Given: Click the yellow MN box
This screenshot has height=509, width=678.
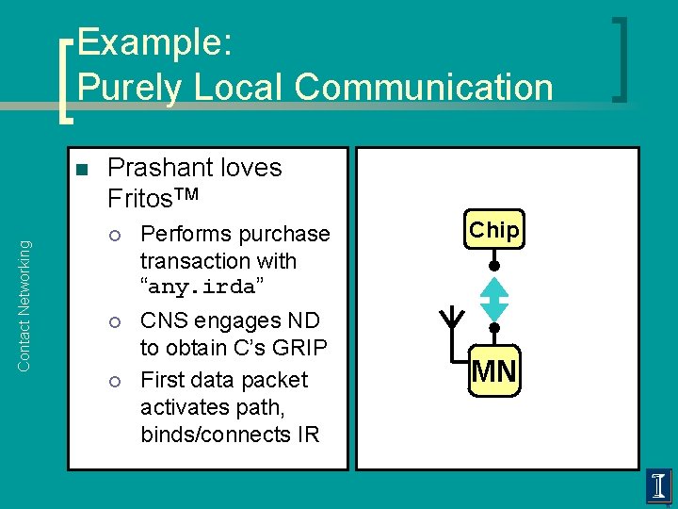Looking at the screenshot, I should pos(494,372).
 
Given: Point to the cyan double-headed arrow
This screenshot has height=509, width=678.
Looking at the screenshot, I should pos(494,299).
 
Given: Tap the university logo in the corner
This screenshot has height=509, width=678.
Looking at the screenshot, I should pos(659,487).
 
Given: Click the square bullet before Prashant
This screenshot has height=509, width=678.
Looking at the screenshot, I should pos(82,171).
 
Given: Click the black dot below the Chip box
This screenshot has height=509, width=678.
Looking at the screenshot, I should pos(494,267).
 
